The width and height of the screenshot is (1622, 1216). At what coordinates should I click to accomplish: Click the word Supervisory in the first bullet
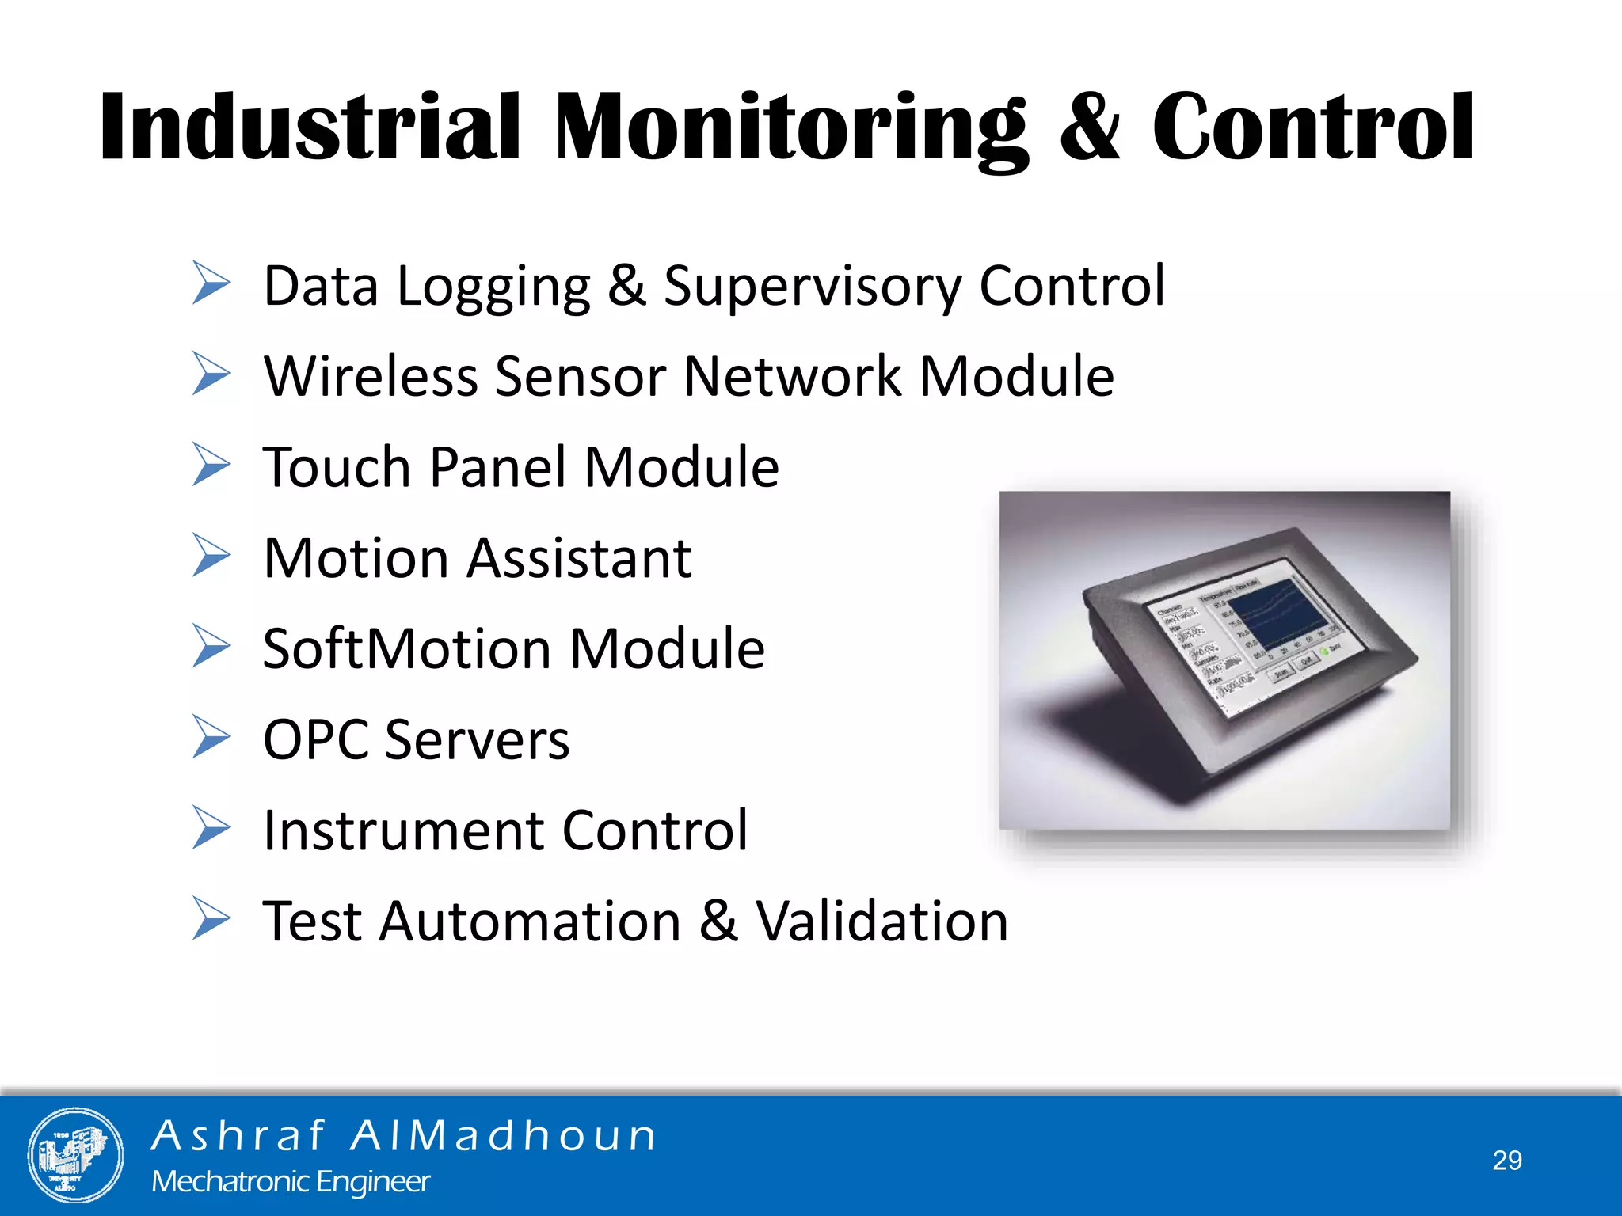813,287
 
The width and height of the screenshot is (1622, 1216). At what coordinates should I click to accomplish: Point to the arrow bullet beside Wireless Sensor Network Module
211,374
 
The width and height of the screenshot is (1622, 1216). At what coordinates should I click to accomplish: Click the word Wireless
371,376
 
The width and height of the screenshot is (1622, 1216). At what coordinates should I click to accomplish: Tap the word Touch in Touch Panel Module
337,467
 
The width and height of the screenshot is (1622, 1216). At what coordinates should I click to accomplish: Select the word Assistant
579,559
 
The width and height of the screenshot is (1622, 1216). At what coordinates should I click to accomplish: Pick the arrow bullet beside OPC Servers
211,737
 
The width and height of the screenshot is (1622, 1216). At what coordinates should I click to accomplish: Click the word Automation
530,922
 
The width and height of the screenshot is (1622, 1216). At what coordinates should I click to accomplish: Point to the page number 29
1506,1161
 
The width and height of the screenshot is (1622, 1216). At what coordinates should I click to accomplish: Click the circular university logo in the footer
75,1155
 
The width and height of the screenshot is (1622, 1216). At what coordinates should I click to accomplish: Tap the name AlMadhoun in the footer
504,1136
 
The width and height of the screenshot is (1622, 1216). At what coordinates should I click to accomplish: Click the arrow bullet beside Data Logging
211,283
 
